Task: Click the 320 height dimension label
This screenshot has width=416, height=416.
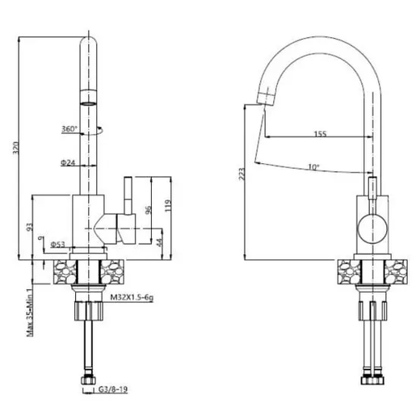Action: (x=15, y=148)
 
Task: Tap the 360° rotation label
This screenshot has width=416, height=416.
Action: (x=69, y=128)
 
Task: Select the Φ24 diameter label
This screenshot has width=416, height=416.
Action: (x=68, y=162)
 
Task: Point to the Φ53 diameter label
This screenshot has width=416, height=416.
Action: (x=58, y=244)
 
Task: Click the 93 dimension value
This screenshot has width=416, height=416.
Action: (x=30, y=227)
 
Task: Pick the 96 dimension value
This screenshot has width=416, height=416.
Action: (x=149, y=210)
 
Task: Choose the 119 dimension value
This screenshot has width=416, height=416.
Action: (x=167, y=206)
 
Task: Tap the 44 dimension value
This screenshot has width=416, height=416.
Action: (x=159, y=242)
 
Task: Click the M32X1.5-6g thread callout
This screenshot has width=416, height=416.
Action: (x=132, y=297)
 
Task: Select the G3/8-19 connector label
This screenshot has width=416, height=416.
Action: (x=113, y=389)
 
